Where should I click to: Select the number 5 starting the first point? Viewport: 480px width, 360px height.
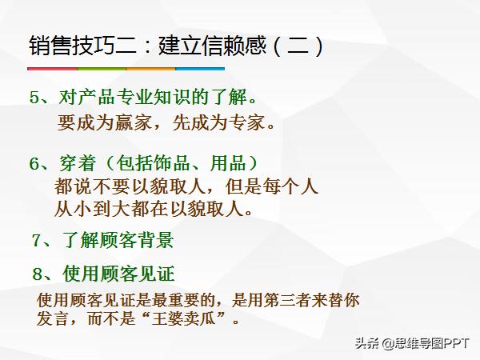[34, 98]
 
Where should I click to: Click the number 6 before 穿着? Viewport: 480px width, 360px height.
[34, 164]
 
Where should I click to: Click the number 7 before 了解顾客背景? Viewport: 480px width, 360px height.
[37, 240]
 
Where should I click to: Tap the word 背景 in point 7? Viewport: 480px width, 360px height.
[155, 240]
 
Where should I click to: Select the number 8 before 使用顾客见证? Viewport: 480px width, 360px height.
[37, 274]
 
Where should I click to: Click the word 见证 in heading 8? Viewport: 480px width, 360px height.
[155, 274]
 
